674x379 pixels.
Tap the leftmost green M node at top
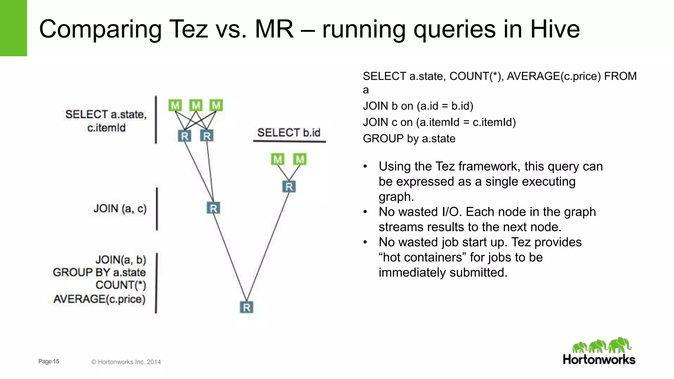click(175, 105)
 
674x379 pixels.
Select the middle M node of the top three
click(196, 105)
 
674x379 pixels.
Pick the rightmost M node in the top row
click(216, 105)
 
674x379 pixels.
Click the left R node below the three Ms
click(184, 136)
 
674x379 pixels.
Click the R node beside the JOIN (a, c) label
click(213, 208)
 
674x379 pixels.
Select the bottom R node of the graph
click(246, 307)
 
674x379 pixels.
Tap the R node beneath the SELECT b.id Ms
click(289, 187)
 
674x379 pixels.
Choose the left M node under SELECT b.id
click(278, 160)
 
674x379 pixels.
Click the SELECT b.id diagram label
click(289, 133)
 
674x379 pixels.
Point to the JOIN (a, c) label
click(120, 208)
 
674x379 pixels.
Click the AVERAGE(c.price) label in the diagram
click(99, 299)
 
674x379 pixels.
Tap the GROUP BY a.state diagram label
click(99, 272)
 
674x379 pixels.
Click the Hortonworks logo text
click(599, 359)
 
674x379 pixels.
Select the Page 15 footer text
click(49, 361)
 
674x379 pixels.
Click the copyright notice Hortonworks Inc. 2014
click(126, 362)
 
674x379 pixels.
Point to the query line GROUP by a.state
click(409, 139)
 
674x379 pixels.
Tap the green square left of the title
click(13, 28)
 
